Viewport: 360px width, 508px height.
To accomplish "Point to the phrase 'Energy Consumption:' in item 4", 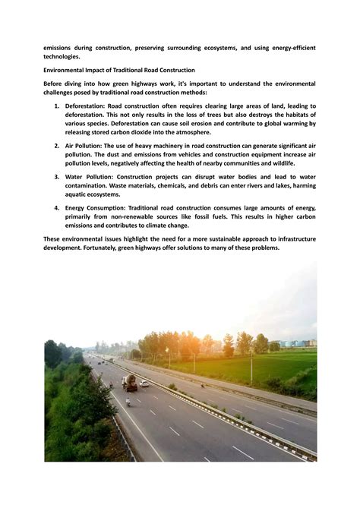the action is (95, 207).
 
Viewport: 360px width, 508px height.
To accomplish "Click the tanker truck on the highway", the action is (130, 383).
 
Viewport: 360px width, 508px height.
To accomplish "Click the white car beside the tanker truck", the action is (144, 384).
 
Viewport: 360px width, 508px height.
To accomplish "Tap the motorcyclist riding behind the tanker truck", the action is (128, 402).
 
